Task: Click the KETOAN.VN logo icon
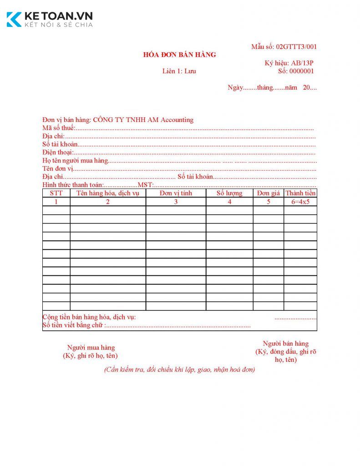pos(14,20)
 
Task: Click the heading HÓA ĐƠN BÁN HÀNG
pos(179,55)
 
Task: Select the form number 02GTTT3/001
pos(296,47)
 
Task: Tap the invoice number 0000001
pos(302,71)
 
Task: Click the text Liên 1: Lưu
pos(179,71)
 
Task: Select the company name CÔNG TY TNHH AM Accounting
pos(143,120)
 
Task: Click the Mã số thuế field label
pos(59,128)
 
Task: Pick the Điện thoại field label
pos(57,152)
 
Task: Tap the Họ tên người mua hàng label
pos(75,161)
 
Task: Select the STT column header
pos(56,193)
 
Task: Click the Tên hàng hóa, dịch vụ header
pos(108,193)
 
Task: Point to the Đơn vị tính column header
pos(176,193)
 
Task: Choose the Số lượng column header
pos(229,193)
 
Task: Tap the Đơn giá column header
pos(268,193)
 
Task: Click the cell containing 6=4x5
pos(300,202)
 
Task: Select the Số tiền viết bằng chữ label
pos(73,325)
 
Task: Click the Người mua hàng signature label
pos(91,348)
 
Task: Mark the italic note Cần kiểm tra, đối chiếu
pos(179,370)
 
